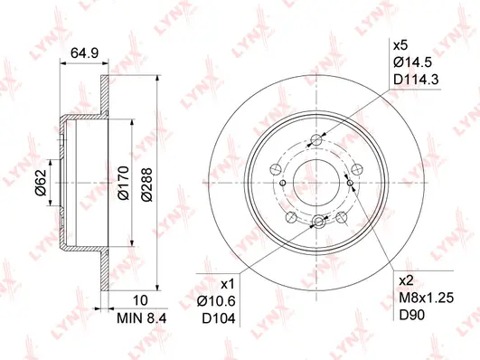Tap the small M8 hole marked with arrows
click(x=351, y=183)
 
